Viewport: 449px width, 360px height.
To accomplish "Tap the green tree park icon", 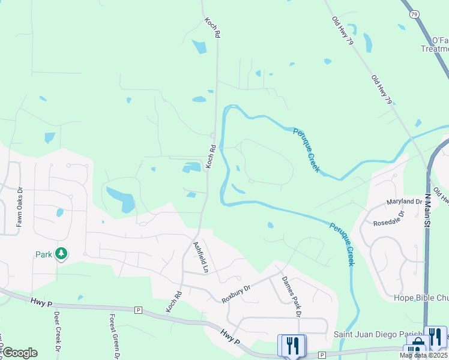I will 61,254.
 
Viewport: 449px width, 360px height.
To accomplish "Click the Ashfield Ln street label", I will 200,257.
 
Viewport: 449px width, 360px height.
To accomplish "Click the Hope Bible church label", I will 421,298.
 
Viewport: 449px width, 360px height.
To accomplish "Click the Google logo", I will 19,353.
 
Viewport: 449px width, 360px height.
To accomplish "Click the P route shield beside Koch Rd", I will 138,310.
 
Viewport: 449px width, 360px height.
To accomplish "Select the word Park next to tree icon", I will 44,254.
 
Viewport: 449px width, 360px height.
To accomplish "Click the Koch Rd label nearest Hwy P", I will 173,302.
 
